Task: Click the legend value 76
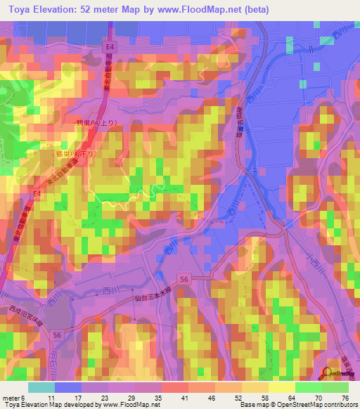(x=345, y=397)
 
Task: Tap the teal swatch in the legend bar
(x=41, y=387)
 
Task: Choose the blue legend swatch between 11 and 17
(x=67, y=387)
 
